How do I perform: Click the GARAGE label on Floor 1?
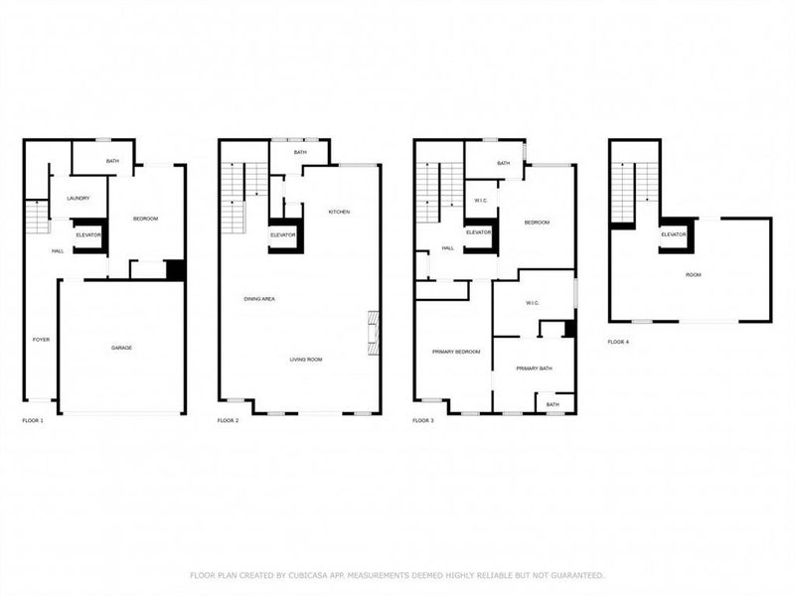coord(121,348)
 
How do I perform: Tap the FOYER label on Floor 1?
coord(41,340)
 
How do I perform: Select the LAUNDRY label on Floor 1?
coord(79,199)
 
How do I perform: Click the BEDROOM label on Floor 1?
coord(145,219)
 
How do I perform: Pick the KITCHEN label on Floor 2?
coord(339,212)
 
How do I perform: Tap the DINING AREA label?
coord(259,299)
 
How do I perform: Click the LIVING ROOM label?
coord(306,360)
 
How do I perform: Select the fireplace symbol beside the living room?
coord(373,334)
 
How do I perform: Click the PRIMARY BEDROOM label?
coord(456,352)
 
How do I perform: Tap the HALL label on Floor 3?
coord(447,248)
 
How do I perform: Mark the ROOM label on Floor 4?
coord(692,274)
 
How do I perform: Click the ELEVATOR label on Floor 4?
coord(676,234)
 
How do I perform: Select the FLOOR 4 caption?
coord(618,342)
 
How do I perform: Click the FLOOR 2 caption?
coord(229,421)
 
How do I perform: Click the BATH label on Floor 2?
coord(299,153)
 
